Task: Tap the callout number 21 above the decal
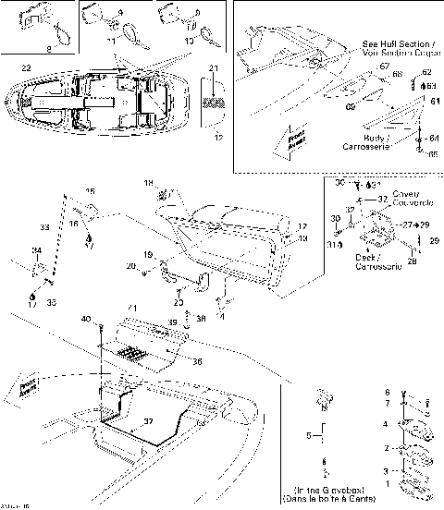[214, 69]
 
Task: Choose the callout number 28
[412, 261]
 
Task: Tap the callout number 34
[36, 251]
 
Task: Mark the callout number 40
[86, 319]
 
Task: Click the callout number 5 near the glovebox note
[309, 433]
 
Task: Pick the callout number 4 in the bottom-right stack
[387, 424]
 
